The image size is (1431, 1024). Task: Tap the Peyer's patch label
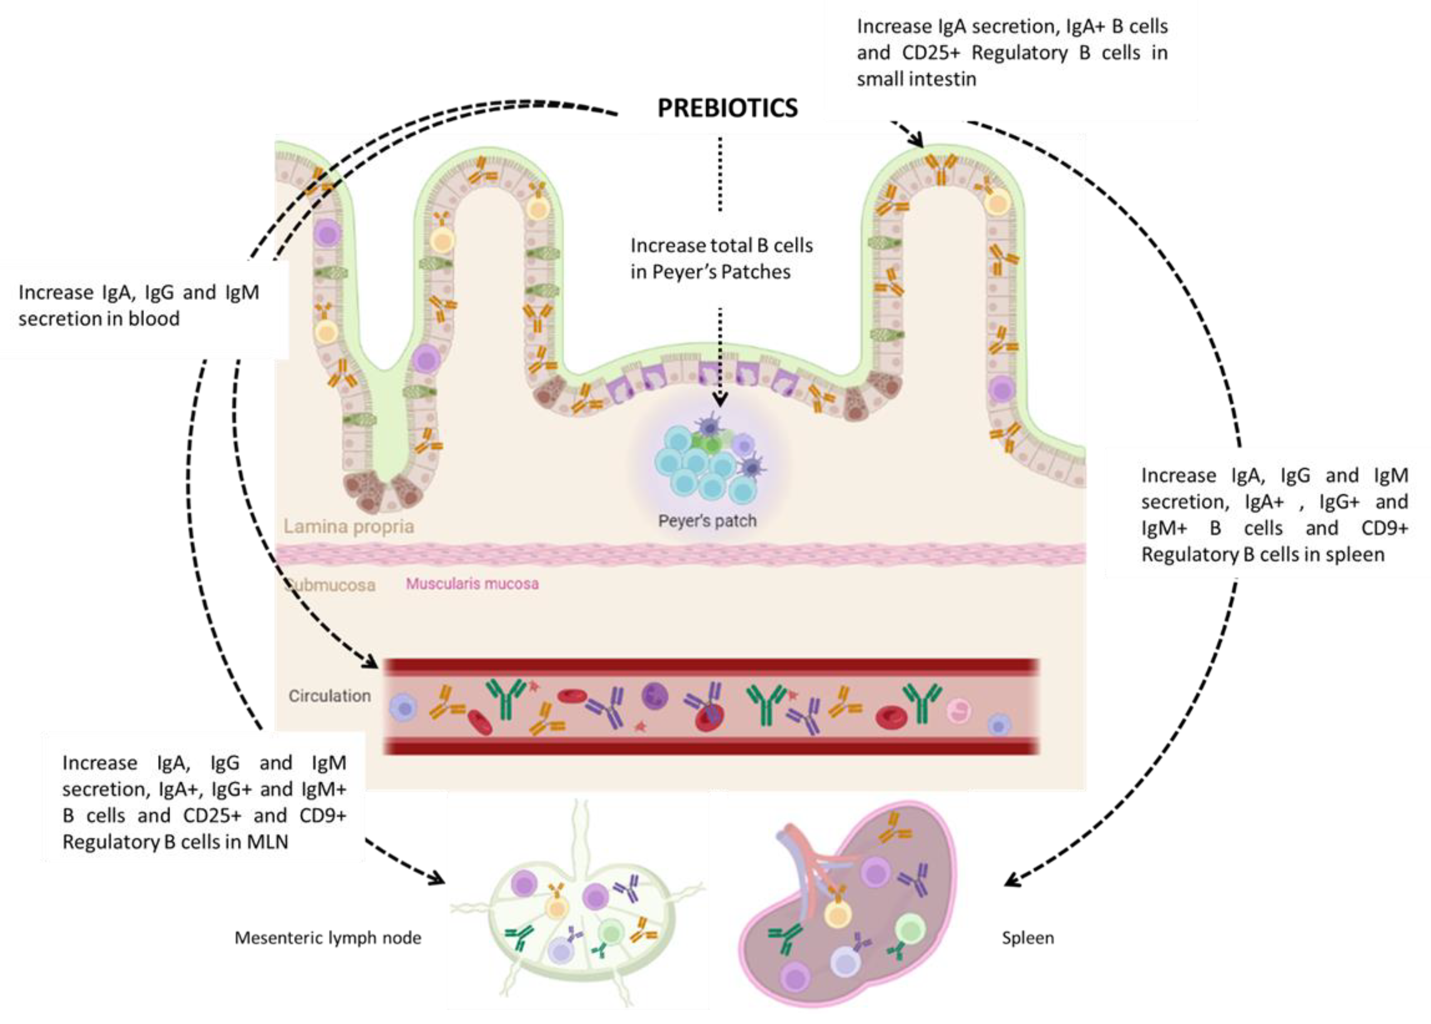click(x=707, y=521)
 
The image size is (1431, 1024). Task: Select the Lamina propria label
click(x=348, y=526)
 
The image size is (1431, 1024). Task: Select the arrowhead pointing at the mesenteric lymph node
click(x=437, y=878)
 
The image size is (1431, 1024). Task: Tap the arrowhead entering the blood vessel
click(x=371, y=663)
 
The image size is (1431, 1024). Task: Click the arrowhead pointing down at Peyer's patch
click(x=720, y=400)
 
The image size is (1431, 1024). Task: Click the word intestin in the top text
click(x=946, y=80)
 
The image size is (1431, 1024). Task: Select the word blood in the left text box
click(x=154, y=319)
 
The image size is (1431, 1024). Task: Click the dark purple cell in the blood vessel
click(x=655, y=696)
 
